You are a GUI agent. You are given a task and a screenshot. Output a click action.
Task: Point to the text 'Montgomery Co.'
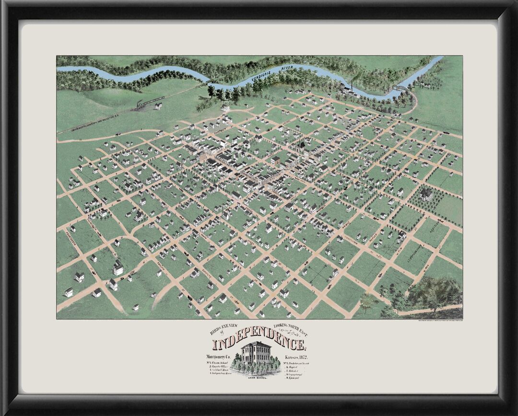point(221,358)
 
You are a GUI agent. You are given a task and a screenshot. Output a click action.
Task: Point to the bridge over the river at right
point(400,88)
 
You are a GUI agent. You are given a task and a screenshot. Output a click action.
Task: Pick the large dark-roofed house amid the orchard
point(425,194)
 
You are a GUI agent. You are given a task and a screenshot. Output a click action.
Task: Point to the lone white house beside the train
point(158,106)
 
